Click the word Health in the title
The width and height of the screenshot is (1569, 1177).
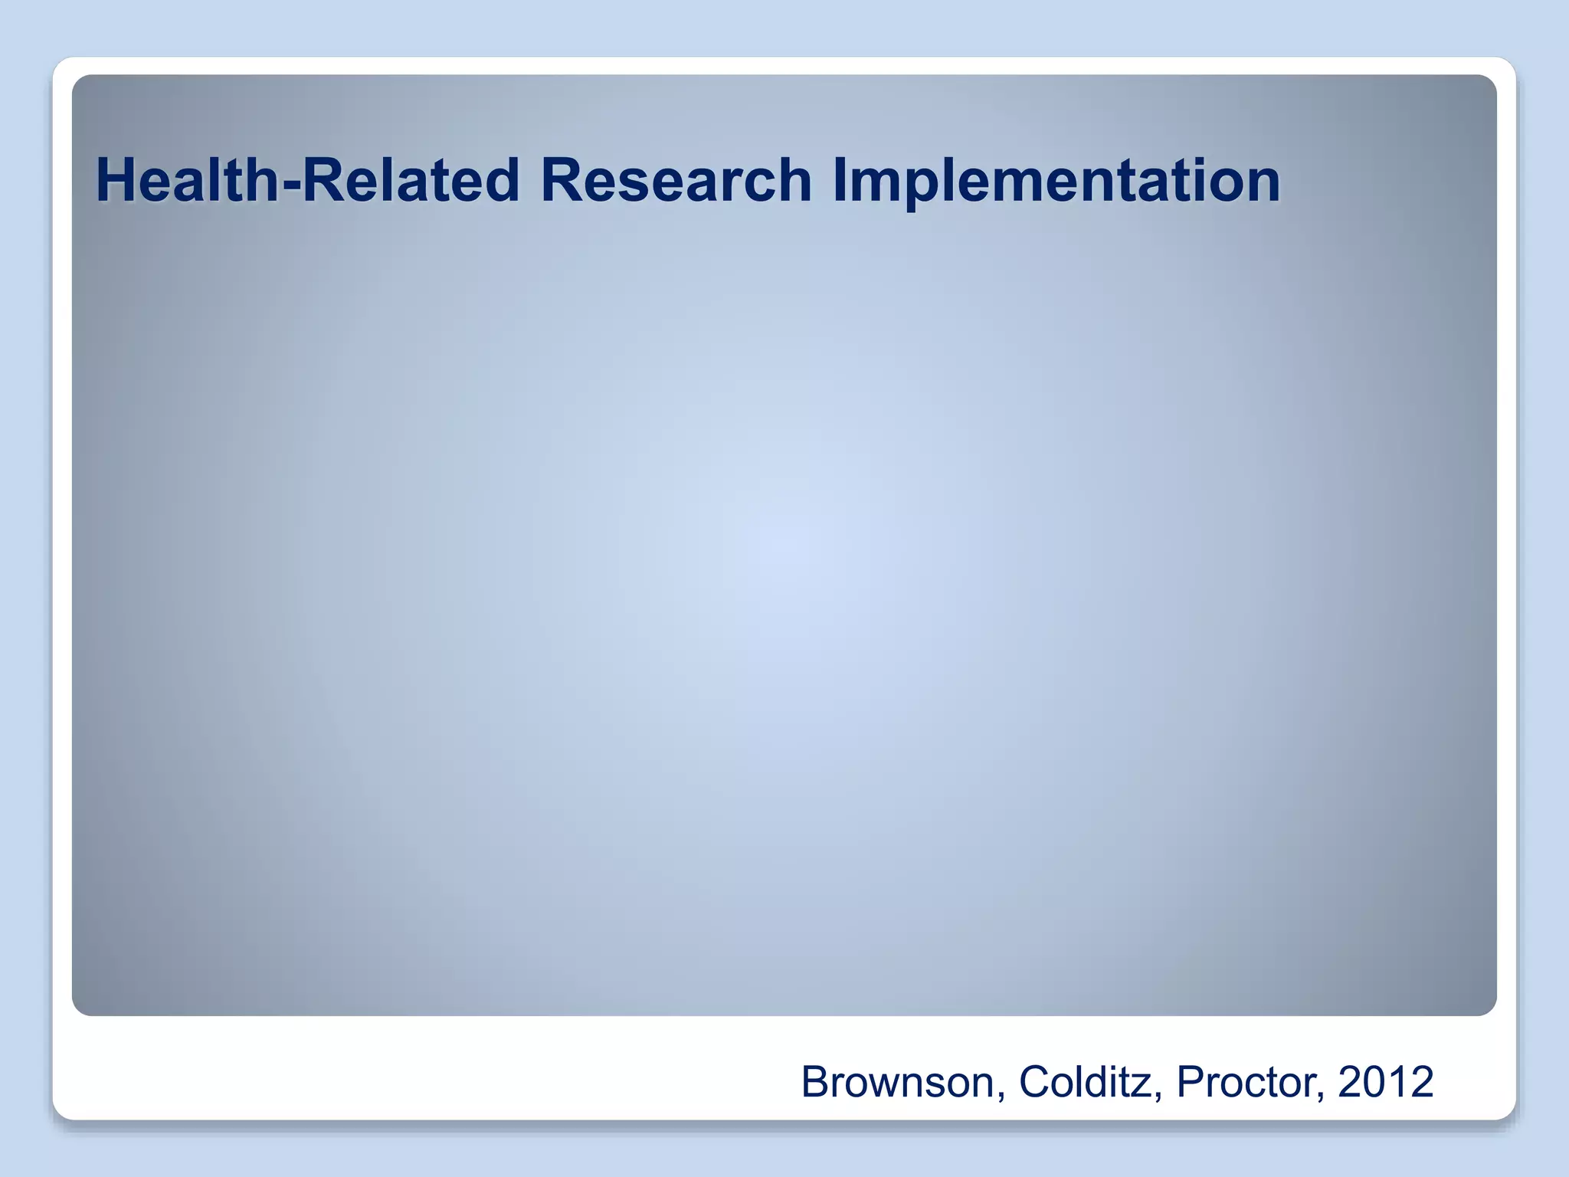point(188,180)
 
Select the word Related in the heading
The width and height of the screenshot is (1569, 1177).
point(411,180)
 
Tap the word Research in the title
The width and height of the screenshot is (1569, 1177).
point(676,180)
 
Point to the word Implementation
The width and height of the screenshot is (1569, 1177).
point(1056,180)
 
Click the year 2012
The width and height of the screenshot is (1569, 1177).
point(1385,1082)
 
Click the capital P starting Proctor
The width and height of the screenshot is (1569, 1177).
point(1190,1082)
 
